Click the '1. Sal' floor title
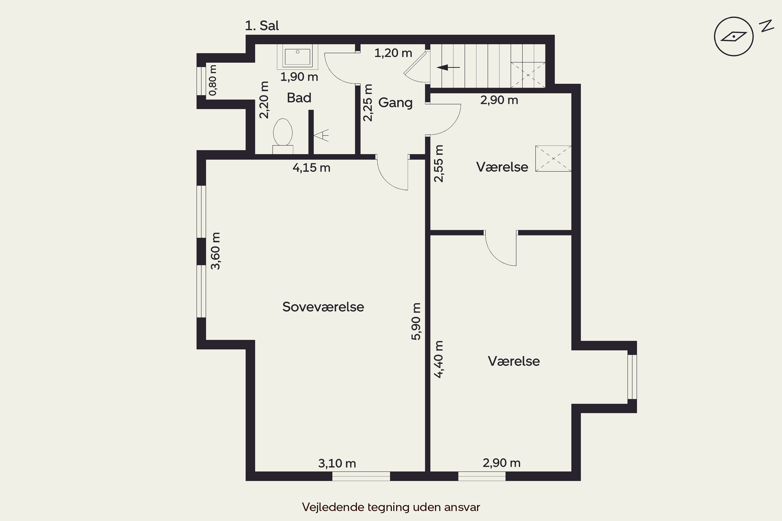pos(262,26)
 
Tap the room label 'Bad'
pos(299,98)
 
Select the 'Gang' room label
pos(395,103)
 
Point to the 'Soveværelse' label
pos(323,307)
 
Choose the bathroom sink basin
pos(298,57)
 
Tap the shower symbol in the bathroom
pos(321,135)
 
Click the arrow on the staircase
pos(448,67)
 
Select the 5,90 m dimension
pos(416,321)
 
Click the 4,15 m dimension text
pos(311,168)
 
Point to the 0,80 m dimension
pos(213,80)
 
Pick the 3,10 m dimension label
pos(337,463)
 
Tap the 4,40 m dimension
pos(438,359)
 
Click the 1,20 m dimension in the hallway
pos(393,53)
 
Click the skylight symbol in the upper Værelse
pos(553,158)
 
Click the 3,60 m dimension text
pos(216,251)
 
